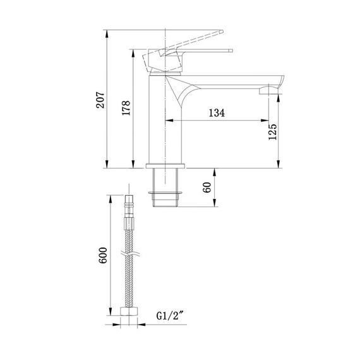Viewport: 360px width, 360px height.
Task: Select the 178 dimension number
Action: click(x=126, y=109)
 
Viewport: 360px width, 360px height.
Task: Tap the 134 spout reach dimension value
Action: click(x=216, y=113)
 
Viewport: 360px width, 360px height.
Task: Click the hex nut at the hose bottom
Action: click(x=131, y=313)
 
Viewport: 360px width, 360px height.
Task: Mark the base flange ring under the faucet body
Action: click(x=166, y=167)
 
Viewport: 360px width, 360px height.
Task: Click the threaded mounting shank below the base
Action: click(x=166, y=189)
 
